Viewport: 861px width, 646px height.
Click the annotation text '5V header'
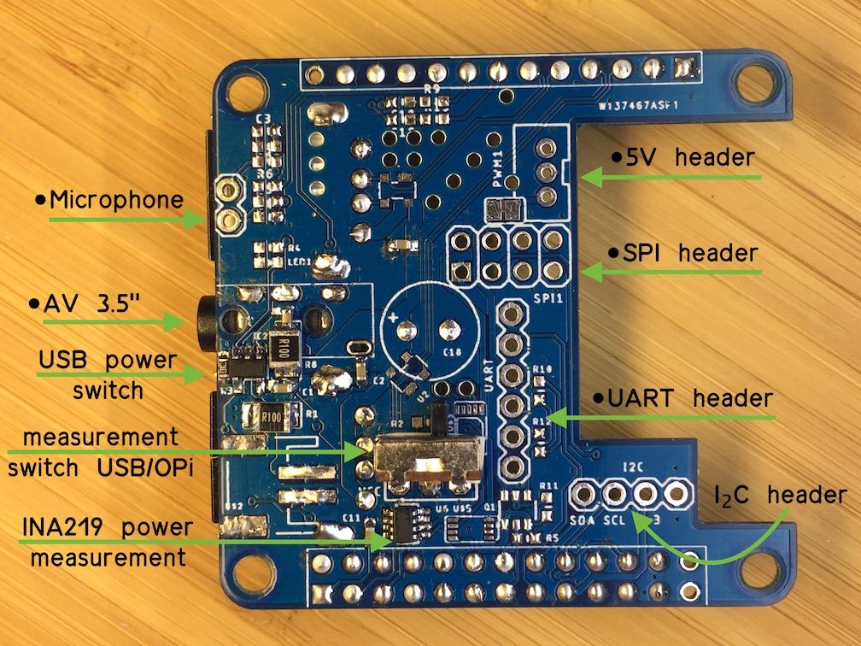point(684,158)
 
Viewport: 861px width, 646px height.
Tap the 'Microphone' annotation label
point(110,201)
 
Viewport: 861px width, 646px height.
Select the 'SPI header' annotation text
point(682,254)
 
